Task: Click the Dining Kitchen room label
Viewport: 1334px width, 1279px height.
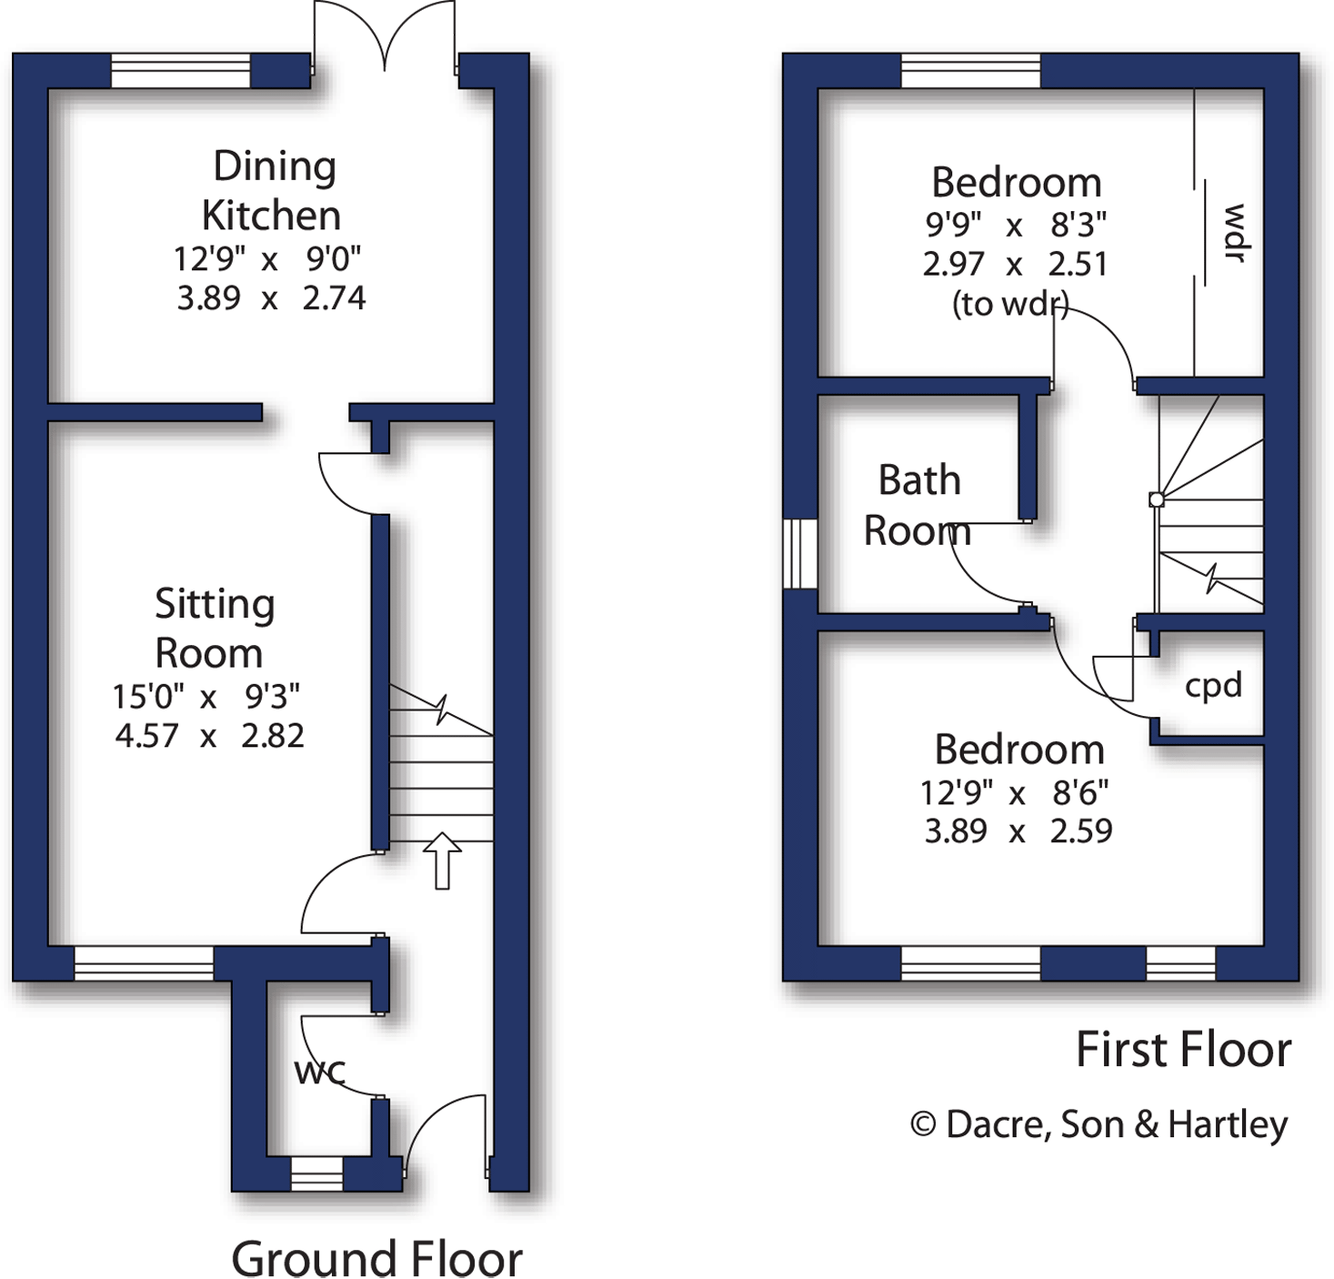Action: pyautogui.click(x=271, y=191)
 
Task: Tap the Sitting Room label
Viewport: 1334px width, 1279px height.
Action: pyautogui.click(x=214, y=629)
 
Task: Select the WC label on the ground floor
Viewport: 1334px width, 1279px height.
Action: pyautogui.click(x=320, y=1072)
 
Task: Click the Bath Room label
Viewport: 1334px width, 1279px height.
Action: pyautogui.click(x=918, y=506)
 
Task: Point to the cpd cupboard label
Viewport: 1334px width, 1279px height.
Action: pyautogui.click(x=1213, y=685)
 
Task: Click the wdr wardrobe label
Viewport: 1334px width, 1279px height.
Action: pyautogui.click(x=1234, y=233)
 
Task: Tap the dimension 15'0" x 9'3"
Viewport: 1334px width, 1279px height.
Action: pyautogui.click(x=206, y=697)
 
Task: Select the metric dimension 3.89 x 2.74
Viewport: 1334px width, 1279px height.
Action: pyautogui.click(x=271, y=298)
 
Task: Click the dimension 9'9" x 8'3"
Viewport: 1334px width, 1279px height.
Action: pyautogui.click(x=1015, y=225)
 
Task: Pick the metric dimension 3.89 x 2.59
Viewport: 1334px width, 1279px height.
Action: pyautogui.click(x=1018, y=831)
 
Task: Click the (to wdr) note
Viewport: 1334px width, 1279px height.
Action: pyautogui.click(x=1009, y=304)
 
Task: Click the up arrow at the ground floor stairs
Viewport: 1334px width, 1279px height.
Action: pyautogui.click(x=442, y=860)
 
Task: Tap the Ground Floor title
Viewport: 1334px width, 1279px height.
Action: pyautogui.click(x=376, y=1259)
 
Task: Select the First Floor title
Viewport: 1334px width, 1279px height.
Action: pyautogui.click(x=1183, y=1050)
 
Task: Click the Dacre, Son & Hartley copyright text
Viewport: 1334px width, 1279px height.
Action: pyautogui.click(x=1099, y=1125)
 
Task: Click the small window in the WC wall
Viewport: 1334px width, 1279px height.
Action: pyautogui.click(x=316, y=1174)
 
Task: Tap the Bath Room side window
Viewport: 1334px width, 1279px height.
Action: pyautogui.click(x=800, y=554)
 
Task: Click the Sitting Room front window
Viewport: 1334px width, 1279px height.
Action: pyautogui.click(x=144, y=963)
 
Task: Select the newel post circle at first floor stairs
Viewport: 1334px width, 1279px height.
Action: pyautogui.click(x=1156, y=499)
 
